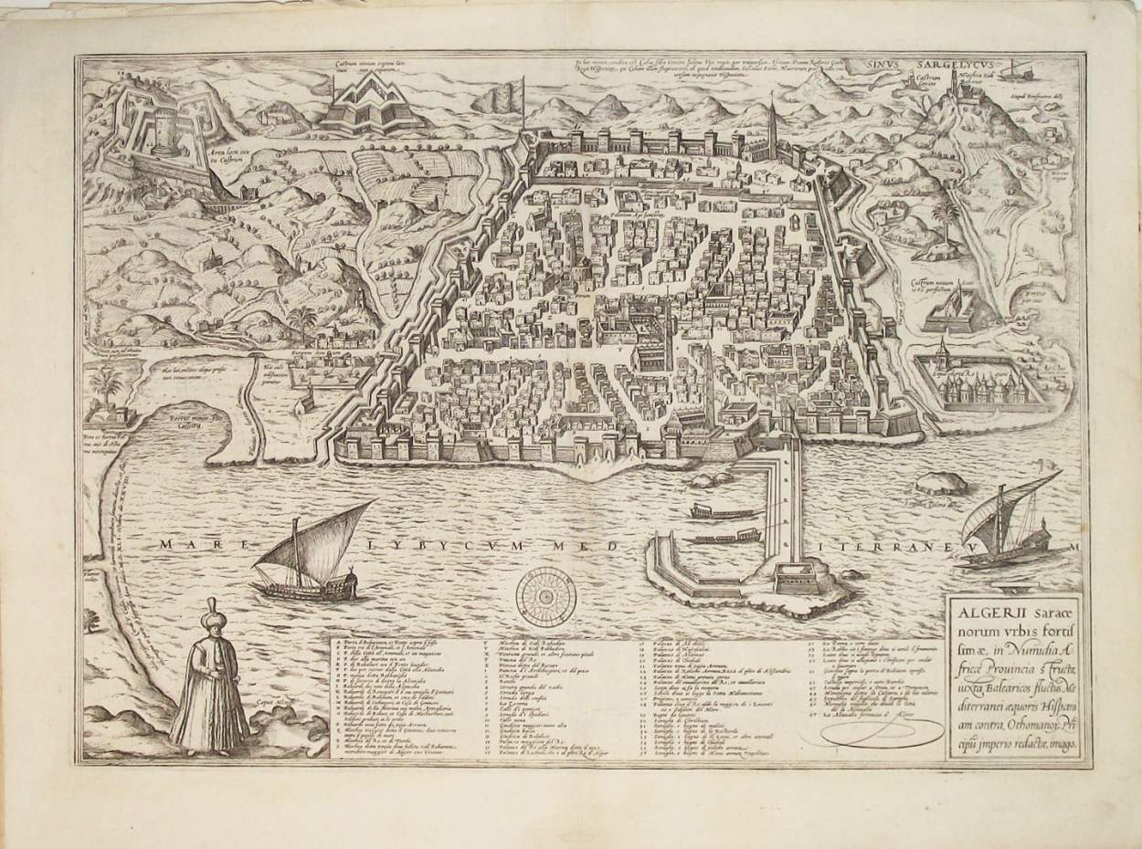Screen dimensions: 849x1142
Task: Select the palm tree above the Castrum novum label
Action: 947,219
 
